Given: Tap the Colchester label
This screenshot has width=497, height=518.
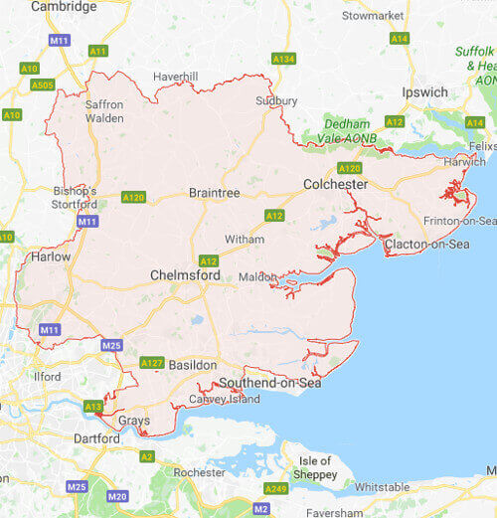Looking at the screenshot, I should (335, 184).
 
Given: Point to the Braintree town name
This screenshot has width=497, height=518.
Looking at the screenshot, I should (215, 193).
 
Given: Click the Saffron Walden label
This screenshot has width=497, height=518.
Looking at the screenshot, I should (104, 110).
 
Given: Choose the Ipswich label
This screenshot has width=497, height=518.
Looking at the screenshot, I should (425, 92).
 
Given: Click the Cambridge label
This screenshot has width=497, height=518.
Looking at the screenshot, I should (65, 7).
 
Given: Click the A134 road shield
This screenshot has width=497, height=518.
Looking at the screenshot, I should (283, 59).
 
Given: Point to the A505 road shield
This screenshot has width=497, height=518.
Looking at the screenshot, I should (42, 85).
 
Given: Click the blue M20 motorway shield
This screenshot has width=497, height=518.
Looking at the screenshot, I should (117, 496).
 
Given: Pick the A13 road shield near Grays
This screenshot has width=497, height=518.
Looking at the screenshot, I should (93, 406).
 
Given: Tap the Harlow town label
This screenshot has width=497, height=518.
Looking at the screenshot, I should (52, 256).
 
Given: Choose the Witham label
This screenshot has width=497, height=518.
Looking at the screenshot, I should (245, 240).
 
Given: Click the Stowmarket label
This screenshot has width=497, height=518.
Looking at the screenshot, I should (373, 16).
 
